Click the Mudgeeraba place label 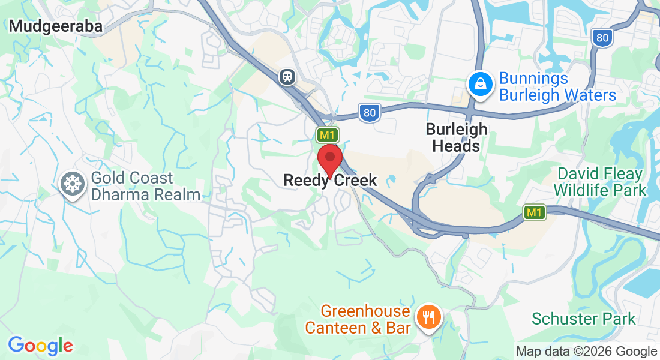(55, 26)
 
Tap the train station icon (289, 76)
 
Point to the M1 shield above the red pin (328, 134)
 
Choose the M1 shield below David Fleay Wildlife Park (533, 212)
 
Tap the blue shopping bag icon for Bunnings (481, 83)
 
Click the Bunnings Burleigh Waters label (557, 87)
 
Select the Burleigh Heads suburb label (457, 137)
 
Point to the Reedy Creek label (330, 180)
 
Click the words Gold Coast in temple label (132, 178)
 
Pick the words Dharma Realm (146, 194)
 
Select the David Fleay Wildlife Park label (600, 182)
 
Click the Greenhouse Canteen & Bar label (358, 319)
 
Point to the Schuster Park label (583, 318)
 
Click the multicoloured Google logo (40, 346)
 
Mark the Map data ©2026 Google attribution (586, 352)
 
